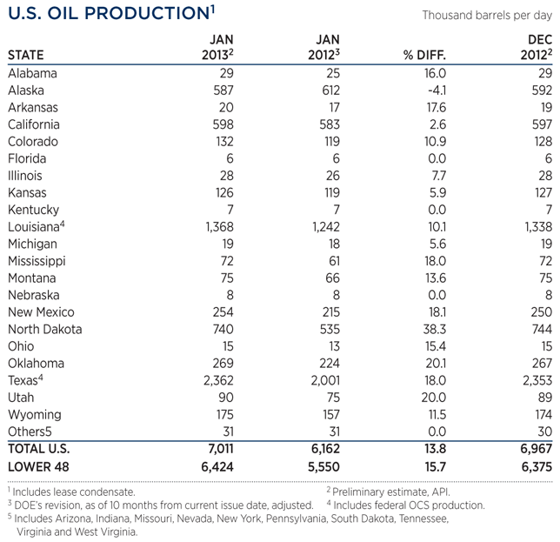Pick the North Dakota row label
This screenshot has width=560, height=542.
44,330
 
